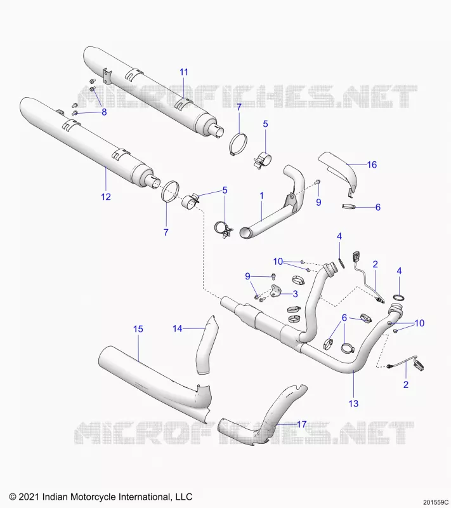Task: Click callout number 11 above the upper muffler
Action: (x=184, y=72)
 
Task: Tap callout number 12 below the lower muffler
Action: (x=106, y=197)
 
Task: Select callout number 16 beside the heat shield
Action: (x=372, y=164)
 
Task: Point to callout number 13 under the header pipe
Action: (x=353, y=403)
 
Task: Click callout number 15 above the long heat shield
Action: (x=138, y=329)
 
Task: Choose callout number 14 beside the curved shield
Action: (x=178, y=328)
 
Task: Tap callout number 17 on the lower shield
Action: (x=301, y=424)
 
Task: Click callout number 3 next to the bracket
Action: (x=295, y=294)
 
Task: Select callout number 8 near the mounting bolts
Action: (x=104, y=112)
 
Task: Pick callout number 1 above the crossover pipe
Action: (x=261, y=196)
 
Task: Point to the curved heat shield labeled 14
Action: (x=207, y=345)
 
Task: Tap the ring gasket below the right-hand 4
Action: (x=400, y=297)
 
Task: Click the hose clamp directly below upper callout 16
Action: (x=349, y=206)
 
